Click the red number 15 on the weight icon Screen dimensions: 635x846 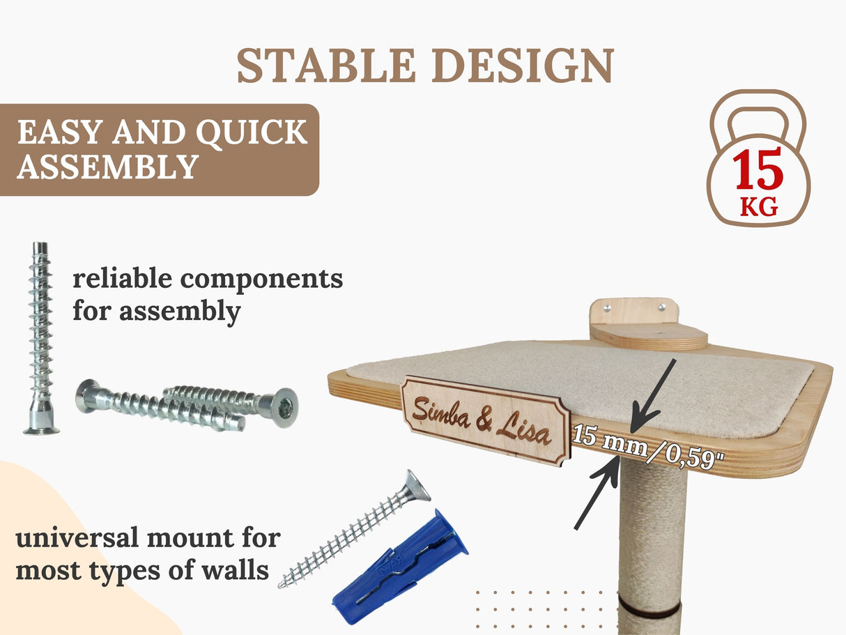point(758,171)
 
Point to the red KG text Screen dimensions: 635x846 point(759,207)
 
